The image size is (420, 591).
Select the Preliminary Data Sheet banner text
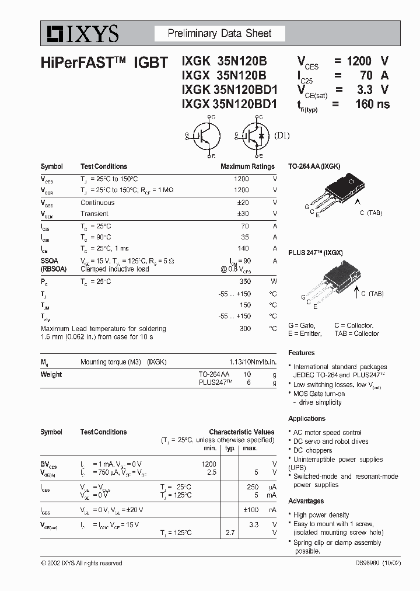pyautogui.click(x=219, y=33)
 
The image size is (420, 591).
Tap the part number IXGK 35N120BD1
pyautogui.click(x=230, y=90)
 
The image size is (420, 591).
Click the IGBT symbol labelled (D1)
pyautogui.click(x=254, y=136)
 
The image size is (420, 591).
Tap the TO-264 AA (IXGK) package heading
pyautogui.click(x=314, y=166)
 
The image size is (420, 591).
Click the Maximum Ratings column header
pyautogui.click(x=247, y=166)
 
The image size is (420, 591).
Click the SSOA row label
pyautogui.click(x=50, y=260)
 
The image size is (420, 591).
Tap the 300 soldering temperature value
pyautogui.click(x=244, y=329)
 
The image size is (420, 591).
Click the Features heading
pyautogui.click(x=302, y=353)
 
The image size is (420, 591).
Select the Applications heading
pyautogui.click(x=307, y=419)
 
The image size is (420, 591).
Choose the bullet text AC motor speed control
pyautogui.click(x=327, y=432)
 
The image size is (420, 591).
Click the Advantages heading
pyautogui.click(x=306, y=501)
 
